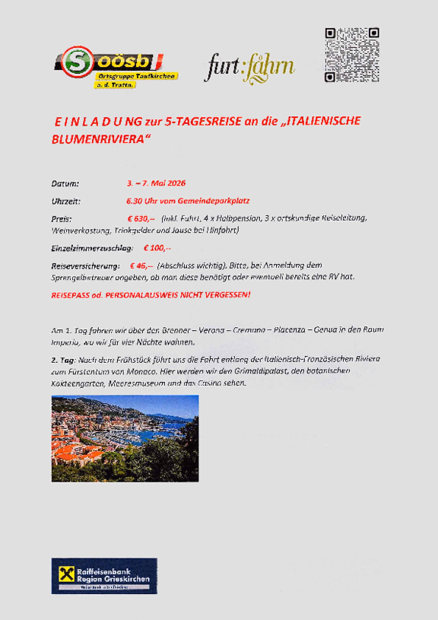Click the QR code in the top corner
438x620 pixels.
pyautogui.click(x=351, y=54)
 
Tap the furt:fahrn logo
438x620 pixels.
pyautogui.click(x=249, y=68)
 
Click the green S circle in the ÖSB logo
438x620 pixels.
pyautogui.click(x=76, y=60)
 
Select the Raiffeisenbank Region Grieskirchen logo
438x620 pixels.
pyautogui.click(x=104, y=576)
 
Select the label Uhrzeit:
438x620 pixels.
pyautogui.click(x=65, y=201)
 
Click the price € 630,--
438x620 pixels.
pyautogui.click(x=141, y=218)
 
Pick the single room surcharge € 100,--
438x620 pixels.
pyautogui.click(x=157, y=248)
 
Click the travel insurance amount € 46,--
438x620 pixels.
pyautogui.click(x=141, y=265)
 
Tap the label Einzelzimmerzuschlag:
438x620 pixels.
pyautogui.click(x=92, y=248)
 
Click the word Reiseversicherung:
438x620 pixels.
pyautogui.click(x=85, y=265)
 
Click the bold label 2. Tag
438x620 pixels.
pyautogui.click(x=63, y=359)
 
